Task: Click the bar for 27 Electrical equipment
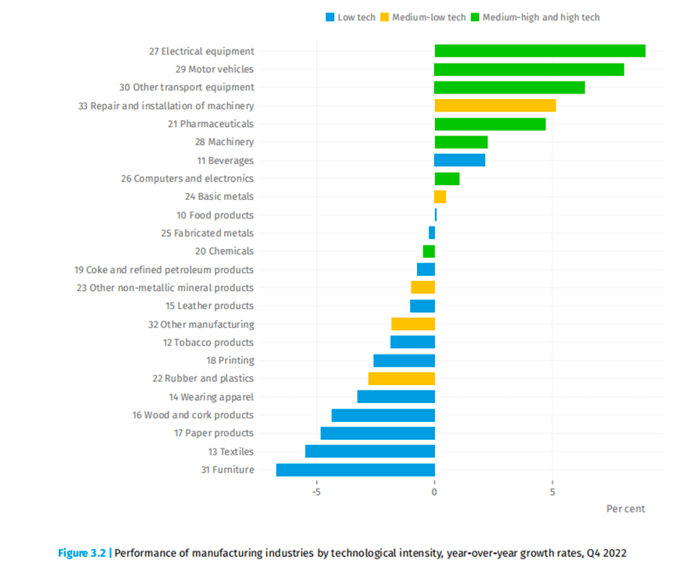click(539, 51)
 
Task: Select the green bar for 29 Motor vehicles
click(529, 69)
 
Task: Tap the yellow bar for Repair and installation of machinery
click(495, 105)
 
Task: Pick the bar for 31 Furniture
click(355, 470)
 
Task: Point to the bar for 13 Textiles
click(370, 452)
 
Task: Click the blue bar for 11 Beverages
click(459, 160)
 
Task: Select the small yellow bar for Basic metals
click(440, 197)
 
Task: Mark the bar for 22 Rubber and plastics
click(401, 379)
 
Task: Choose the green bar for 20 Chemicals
click(429, 251)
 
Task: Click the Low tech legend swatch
click(329, 17)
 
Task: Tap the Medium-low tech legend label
click(429, 17)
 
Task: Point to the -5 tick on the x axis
click(317, 493)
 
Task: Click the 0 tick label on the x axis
click(434, 493)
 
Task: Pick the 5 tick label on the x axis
click(553, 493)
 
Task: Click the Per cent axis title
click(625, 508)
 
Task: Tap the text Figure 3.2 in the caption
click(82, 553)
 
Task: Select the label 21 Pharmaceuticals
click(216, 124)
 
